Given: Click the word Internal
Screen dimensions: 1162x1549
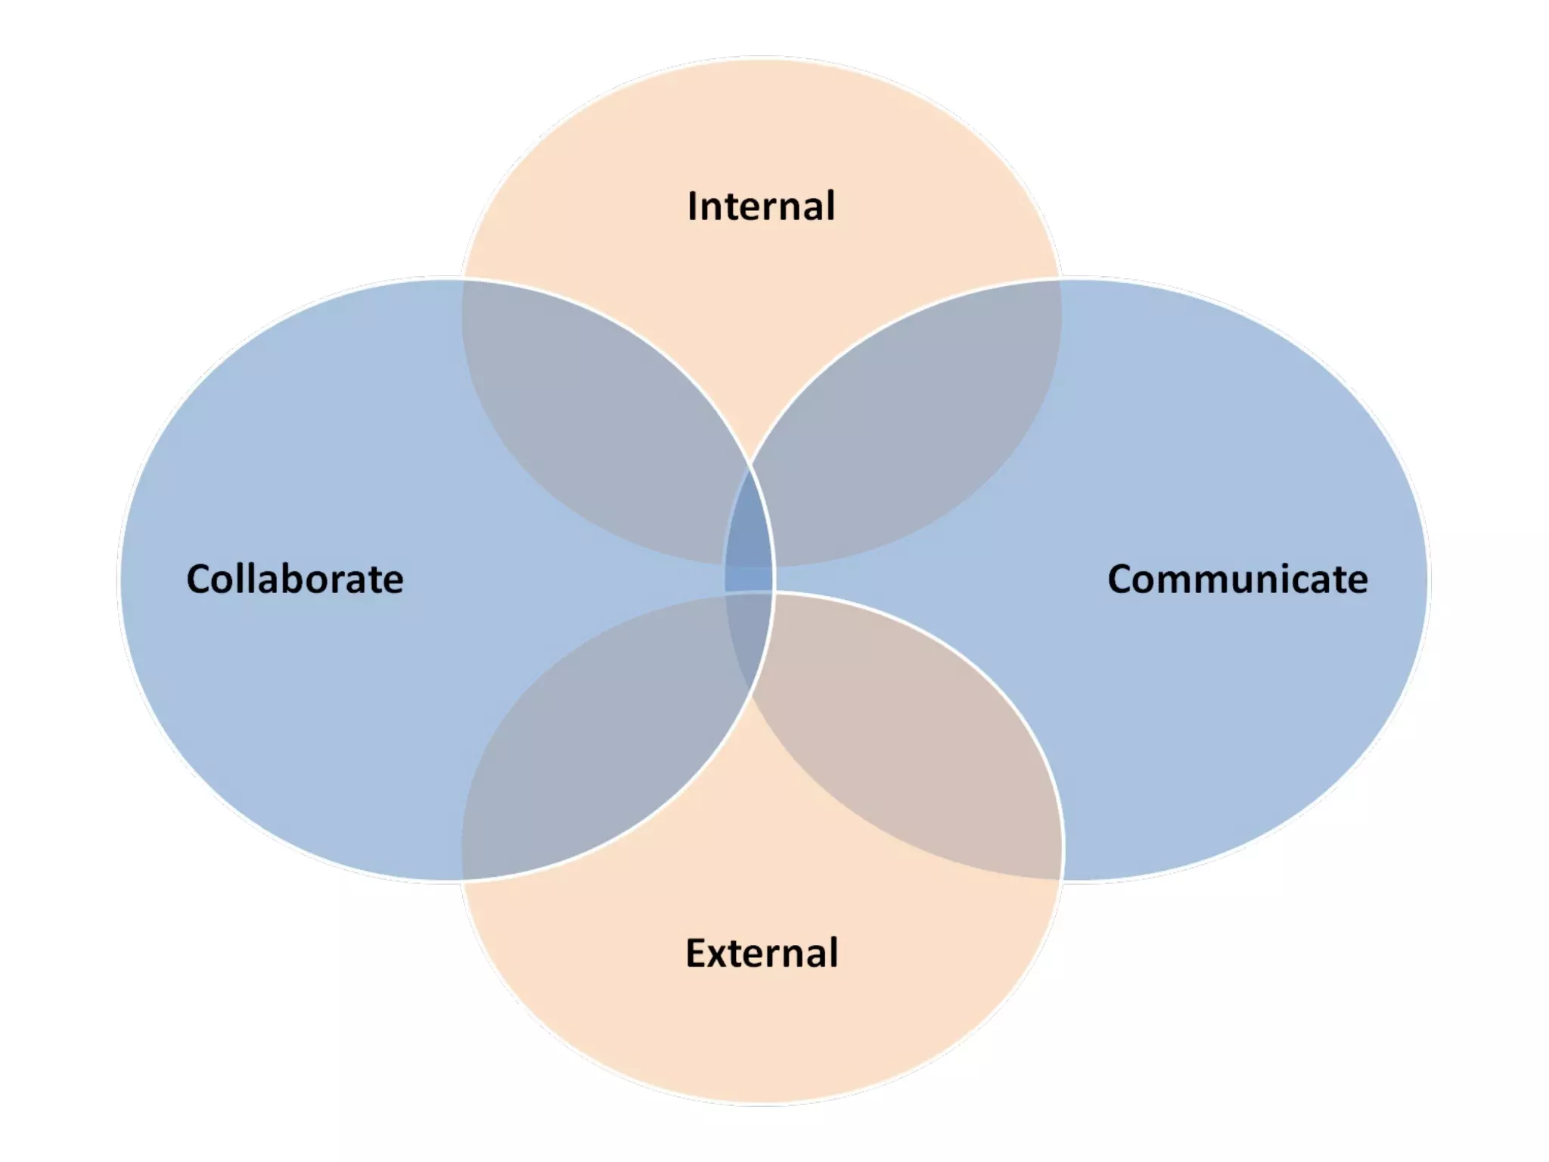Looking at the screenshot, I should point(761,207).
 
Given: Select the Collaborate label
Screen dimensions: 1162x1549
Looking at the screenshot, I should point(295,579).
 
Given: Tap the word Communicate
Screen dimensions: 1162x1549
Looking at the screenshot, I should point(1237,579).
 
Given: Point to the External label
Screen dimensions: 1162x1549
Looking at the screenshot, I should point(762,952).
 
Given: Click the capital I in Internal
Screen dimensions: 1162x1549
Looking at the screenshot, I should point(692,207).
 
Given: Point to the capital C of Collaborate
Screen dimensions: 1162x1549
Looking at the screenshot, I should point(200,579).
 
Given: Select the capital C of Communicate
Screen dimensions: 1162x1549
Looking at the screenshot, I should point(1122,579).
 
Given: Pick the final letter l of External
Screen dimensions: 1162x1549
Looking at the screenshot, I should point(833,952).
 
